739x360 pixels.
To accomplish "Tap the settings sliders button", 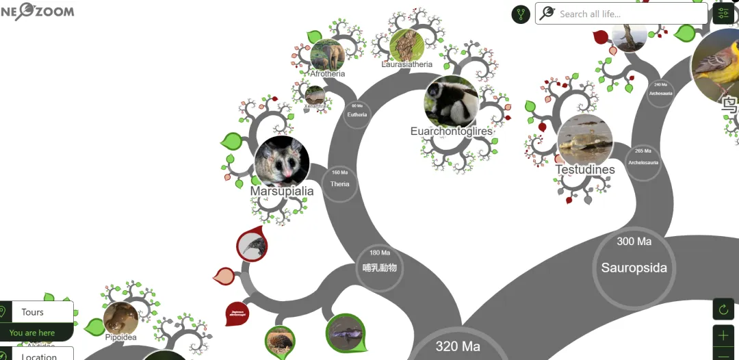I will click(x=723, y=13).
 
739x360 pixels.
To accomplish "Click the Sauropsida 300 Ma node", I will click(x=634, y=267).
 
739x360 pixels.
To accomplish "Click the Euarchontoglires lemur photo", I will click(x=451, y=102).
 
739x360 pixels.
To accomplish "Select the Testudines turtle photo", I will click(x=584, y=141).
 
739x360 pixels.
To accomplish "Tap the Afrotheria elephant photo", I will click(x=327, y=55).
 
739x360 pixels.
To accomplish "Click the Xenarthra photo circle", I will click(x=315, y=94).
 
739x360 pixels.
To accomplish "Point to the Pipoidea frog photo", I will click(x=120, y=318).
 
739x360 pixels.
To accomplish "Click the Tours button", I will click(x=32, y=312).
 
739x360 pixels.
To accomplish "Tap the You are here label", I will click(x=31, y=333).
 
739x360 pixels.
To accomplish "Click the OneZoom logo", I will click(x=37, y=11).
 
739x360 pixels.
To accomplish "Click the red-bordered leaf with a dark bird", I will click(x=251, y=246).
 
